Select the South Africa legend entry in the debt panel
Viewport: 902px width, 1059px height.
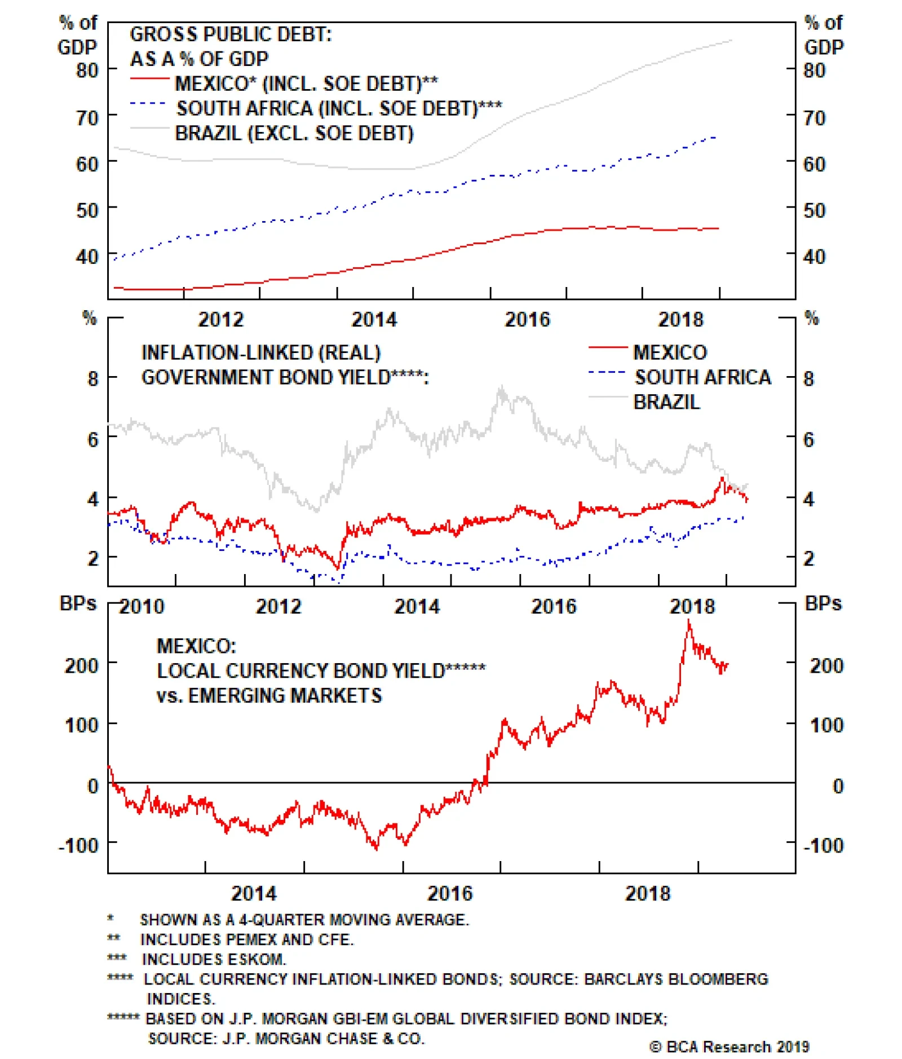(x=338, y=108)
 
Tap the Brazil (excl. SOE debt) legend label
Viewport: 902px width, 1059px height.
(x=294, y=133)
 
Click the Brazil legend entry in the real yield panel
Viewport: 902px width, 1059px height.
(x=666, y=401)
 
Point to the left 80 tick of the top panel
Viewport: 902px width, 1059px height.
(x=87, y=70)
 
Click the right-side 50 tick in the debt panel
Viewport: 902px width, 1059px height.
(x=814, y=210)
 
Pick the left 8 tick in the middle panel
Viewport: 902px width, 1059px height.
(x=93, y=378)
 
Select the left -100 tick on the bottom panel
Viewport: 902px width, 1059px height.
(x=78, y=845)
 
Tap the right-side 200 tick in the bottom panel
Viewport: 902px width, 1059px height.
(x=826, y=665)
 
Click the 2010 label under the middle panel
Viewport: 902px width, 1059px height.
(x=142, y=606)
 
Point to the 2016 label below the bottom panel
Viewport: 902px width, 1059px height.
(x=449, y=893)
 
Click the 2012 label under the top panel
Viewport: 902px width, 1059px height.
(x=220, y=320)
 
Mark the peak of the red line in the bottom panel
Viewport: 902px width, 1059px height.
(x=688, y=620)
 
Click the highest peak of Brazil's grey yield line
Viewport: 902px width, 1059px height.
(x=501, y=387)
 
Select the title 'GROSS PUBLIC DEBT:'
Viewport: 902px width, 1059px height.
(x=231, y=34)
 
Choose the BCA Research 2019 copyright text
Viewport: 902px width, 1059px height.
(x=729, y=1047)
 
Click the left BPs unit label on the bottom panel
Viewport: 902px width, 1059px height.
(x=78, y=603)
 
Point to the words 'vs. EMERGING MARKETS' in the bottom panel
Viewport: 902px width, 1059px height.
(x=269, y=695)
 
